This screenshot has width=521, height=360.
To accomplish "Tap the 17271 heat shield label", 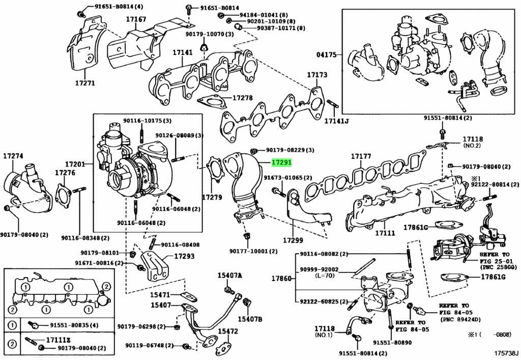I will pyautogui.click(x=84, y=83).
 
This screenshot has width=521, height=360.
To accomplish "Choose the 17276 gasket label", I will pyautogui.click(x=65, y=174).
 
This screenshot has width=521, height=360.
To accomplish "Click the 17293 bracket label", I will pyautogui.click(x=184, y=256).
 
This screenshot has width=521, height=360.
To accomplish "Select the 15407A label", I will pyautogui.click(x=229, y=275).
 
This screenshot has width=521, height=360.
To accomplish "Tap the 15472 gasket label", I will pyautogui.click(x=228, y=331).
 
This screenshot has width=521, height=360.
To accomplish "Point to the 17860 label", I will pyautogui.click(x=281, y=279).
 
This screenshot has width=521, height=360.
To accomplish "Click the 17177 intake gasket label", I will pyautogui.click(x=361, y=156).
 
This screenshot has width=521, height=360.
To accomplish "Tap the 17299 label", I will pyautogui.click(x=293, y=240).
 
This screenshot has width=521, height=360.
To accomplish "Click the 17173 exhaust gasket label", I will pyautogui.click(x=317, y=75).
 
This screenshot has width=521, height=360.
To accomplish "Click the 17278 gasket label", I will pyautogui.click(x=243, y=97).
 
